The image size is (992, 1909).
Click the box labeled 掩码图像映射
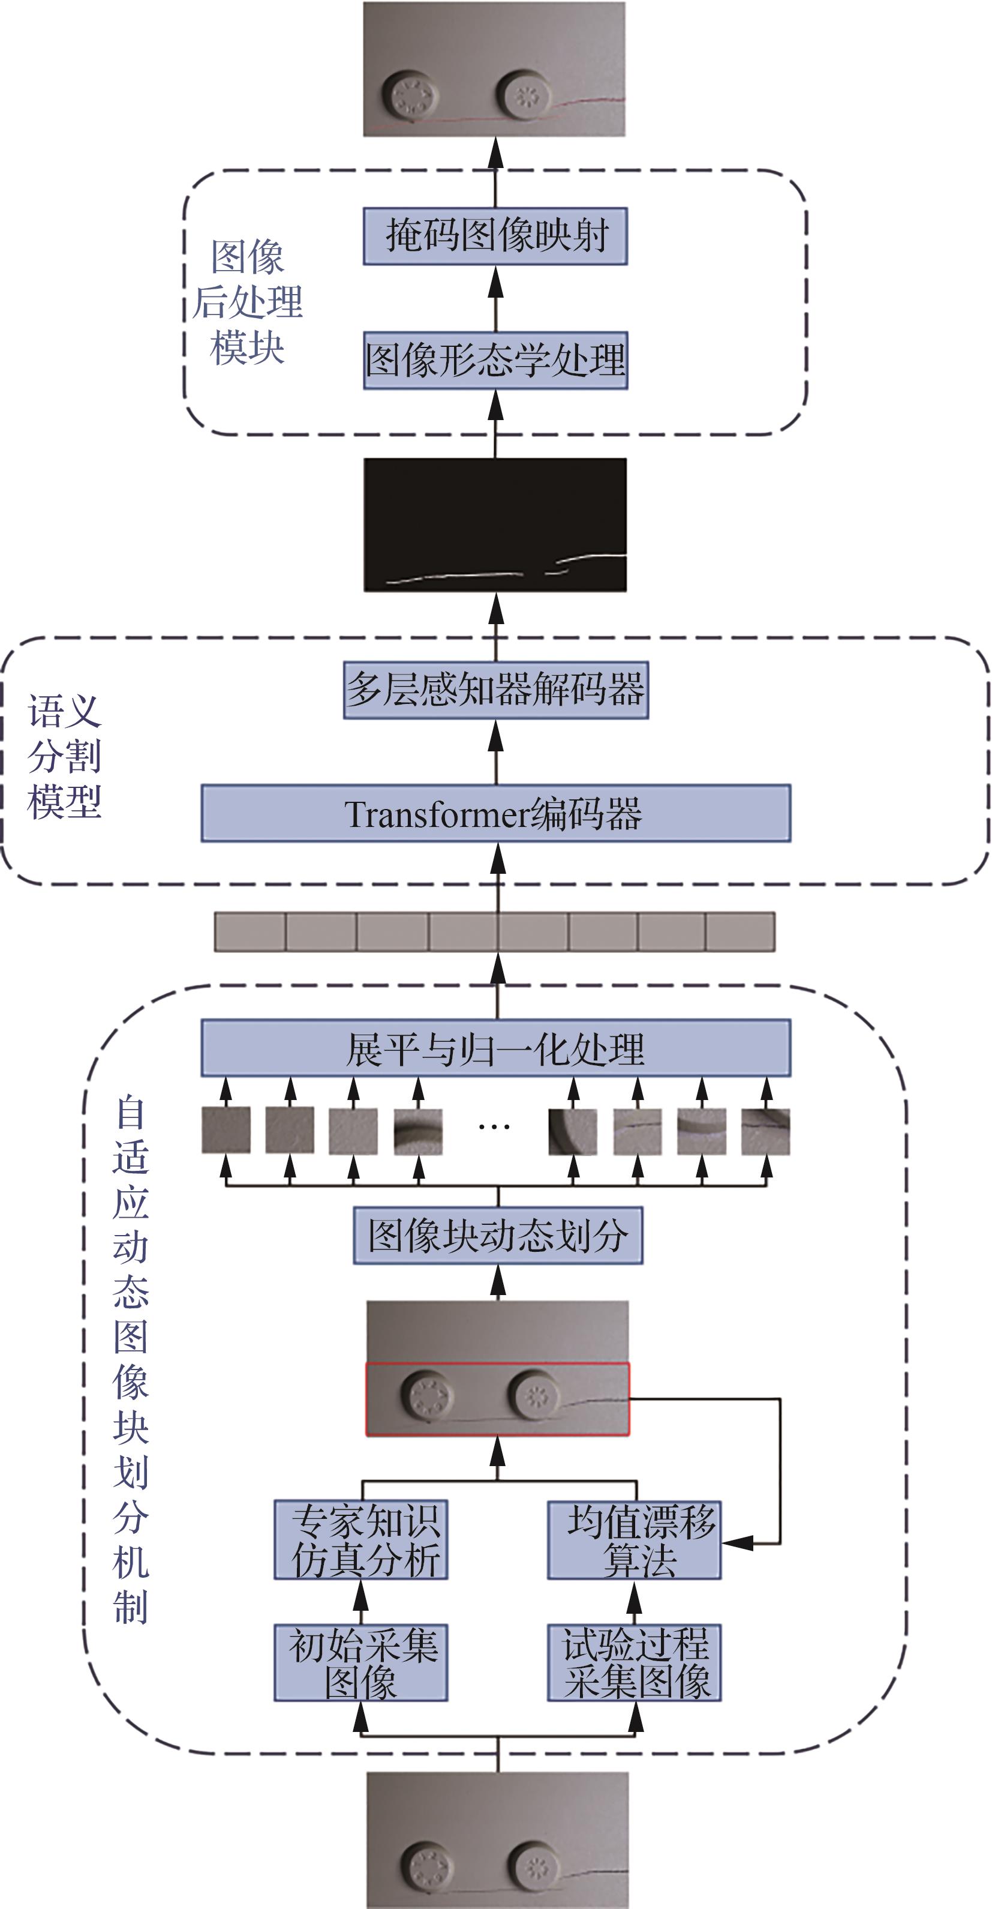coord(495,236)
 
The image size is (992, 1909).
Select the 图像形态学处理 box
coord(495,361)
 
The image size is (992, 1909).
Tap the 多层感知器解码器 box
coord(495,690)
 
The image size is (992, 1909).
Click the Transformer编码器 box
coord(495,813)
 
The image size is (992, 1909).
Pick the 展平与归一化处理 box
coord(495,1048)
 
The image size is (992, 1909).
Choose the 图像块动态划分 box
coord(498,1236)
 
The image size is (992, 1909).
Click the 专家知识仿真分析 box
coord(361,1541)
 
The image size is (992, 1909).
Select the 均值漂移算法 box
coord(634,1541)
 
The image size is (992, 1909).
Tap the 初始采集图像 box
coord(361,1664)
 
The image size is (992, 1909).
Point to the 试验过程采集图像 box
coord(634,1664)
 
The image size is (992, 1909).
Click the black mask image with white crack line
coord(495,525)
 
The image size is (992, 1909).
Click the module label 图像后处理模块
coord(248,302)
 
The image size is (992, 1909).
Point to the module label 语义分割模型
coord(64,757)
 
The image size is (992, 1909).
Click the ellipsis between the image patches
coord(494,1128)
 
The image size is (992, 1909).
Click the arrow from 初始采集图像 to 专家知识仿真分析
coord(361,1602)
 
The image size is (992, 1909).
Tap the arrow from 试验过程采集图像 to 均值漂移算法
coord(634,1602)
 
